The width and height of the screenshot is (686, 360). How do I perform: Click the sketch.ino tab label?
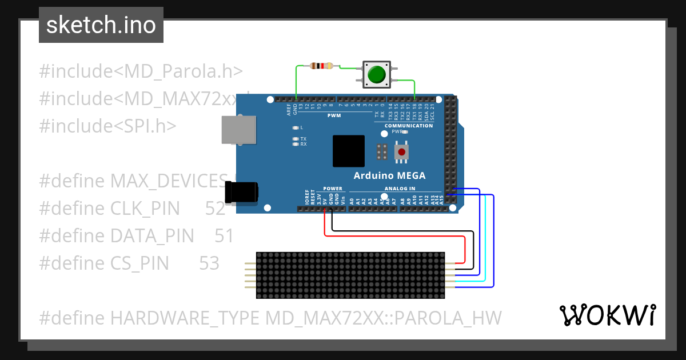tap(101, 25)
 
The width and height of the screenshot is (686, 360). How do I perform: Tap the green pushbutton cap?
tap(376, 74)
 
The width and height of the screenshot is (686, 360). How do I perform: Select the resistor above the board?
tap(321, 66)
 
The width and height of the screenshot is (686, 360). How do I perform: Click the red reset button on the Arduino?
tap(402, 152)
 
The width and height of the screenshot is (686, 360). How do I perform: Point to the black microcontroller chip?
tap(348, 151)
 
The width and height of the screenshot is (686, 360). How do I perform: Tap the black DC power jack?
tap(241, 193)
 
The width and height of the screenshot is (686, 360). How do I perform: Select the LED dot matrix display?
tap(350, 275)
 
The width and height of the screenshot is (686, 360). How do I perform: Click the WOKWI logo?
tap(607, 315)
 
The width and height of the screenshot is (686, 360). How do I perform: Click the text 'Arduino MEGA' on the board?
tap(389, 175)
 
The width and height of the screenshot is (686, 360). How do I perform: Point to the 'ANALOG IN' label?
tap(400, 189)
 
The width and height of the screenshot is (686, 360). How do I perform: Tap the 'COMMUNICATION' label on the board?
tap(409, 126)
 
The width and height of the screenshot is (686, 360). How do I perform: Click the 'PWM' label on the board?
tap(334, 115)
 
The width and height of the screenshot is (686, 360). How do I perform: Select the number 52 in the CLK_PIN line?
tap(216, 209)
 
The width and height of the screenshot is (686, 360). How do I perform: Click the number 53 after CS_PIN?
tap(209, 263)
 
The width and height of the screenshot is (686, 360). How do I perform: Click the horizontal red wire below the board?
tap(394, 235)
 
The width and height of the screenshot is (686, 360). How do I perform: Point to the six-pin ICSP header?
tap(382, 151)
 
